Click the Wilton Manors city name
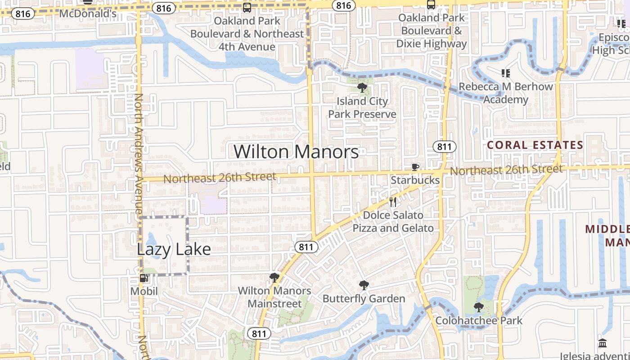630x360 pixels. click(296, 152)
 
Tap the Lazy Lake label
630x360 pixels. click(174, 249)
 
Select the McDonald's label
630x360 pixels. click(88, 13)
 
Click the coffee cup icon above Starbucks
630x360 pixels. click(415, 167)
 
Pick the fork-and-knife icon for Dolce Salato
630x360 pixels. click(393, 202)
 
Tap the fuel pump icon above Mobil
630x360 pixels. click(144, 278)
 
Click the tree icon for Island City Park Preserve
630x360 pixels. click(362, 88)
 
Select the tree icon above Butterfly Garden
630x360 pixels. click(364, 285)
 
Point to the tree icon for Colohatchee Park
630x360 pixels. click(478, 307)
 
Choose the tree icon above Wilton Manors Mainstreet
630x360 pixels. click(274, 277)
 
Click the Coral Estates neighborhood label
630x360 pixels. click(535, 145)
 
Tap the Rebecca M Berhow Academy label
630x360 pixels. click(506, 93)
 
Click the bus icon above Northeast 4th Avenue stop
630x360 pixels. click(247, 8)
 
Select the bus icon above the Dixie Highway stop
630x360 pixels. click(431, 5)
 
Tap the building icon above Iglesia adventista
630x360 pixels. click(603, 343)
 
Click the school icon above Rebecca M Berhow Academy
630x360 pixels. click(506, 73)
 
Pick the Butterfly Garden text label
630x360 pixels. click(364, 298)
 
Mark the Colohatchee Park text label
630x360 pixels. click(478, 320)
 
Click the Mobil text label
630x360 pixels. click(144, 291)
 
